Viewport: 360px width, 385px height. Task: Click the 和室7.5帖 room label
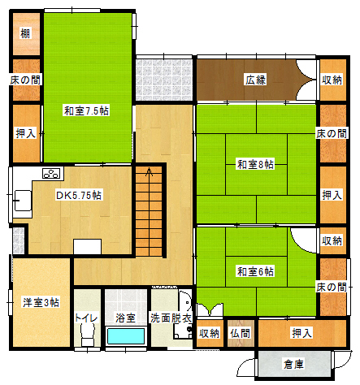(86, 110)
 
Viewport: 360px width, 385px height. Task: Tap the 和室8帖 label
(255, 164)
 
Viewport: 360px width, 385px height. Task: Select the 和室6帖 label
(255, 271)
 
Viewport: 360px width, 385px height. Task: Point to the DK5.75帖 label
(79, 195)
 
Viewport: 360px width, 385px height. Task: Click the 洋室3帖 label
(41, 302)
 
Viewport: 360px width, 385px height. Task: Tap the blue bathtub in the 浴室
(126, 336)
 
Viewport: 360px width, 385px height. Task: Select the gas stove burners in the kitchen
(51, 173)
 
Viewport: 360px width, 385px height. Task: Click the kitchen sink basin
(23, 201)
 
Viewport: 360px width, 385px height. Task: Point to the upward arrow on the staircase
(149, 172)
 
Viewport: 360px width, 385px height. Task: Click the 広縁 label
(256, 80)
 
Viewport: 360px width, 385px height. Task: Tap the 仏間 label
(241, 333)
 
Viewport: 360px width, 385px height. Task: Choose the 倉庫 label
(294, 364)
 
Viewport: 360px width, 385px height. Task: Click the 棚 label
(25, 33)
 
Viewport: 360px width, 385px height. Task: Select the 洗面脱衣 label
(171, 318)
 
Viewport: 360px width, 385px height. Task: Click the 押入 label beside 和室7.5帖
(26, 133)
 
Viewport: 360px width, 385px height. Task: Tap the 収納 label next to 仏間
(209, 333)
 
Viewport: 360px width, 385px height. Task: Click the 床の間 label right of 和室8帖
(332, 133)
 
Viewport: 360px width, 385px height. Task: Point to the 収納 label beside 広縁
(332, 80)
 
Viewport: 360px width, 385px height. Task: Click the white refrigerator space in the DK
(87, 247)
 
